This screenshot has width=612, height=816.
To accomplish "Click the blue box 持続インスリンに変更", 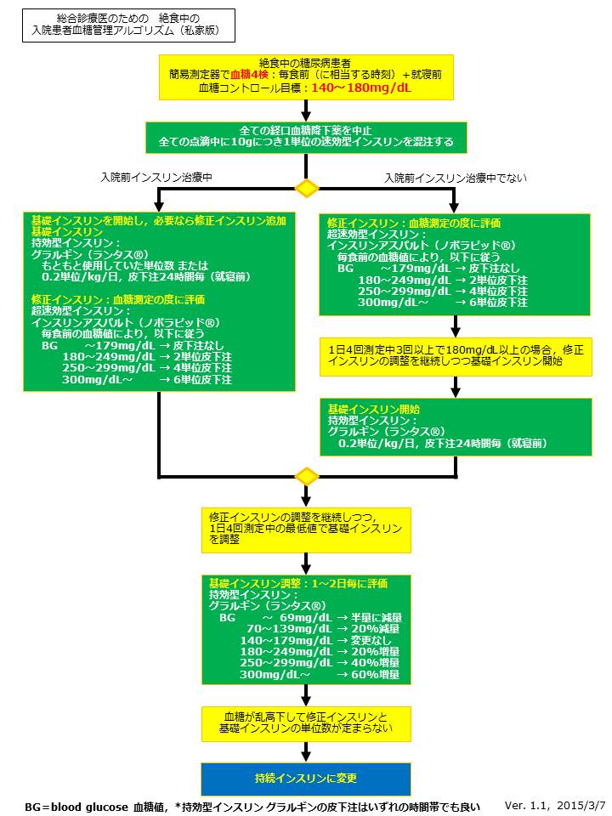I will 306,779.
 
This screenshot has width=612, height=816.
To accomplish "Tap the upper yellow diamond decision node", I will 306,187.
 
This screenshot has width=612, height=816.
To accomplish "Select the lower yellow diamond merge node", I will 306,476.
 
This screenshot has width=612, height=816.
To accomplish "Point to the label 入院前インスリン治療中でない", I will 455,178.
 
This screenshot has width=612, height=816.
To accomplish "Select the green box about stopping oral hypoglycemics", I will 306,136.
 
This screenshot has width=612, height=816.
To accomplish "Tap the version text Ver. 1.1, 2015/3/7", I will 555,804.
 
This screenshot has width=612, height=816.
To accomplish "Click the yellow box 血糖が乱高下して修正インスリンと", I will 306,722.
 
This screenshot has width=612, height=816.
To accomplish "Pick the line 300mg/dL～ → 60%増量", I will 320,674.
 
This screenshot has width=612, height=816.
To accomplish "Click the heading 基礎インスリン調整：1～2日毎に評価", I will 298,583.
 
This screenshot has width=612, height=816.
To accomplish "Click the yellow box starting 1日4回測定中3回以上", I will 455,355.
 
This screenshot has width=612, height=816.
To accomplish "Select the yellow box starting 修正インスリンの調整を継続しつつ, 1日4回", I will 306,529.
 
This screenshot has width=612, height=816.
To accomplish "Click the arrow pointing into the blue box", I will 306,753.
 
